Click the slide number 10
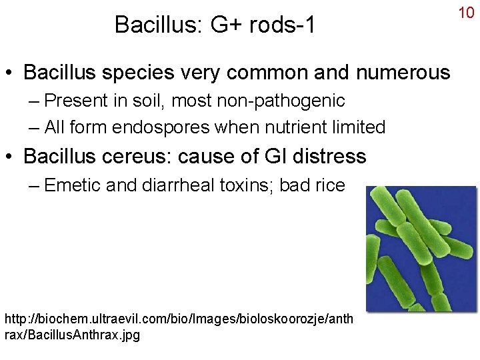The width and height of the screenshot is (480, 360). [466, 13]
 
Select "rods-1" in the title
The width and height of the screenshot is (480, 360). [281, 25]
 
